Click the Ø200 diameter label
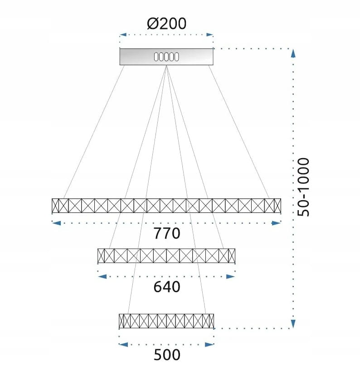[166, 24]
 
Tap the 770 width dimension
[166, 233]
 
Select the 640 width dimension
[166, 287]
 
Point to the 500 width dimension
[166, 355]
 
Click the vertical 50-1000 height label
[303, 187]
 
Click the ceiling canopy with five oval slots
[166, 57]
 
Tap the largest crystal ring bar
[166, 206]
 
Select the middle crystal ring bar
[166, 256]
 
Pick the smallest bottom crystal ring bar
[166, 321]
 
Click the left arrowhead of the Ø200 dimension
[123, 35]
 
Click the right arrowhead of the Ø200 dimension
[209, 35]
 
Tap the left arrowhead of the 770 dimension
[56, 223]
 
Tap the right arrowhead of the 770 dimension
[276, 223]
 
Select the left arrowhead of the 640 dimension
[102, 277]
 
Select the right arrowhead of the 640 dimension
[231, 277]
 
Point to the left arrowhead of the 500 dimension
[123, 345]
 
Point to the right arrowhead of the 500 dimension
[209, 345]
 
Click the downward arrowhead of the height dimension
[293, 324]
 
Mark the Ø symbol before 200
[153, 24]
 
